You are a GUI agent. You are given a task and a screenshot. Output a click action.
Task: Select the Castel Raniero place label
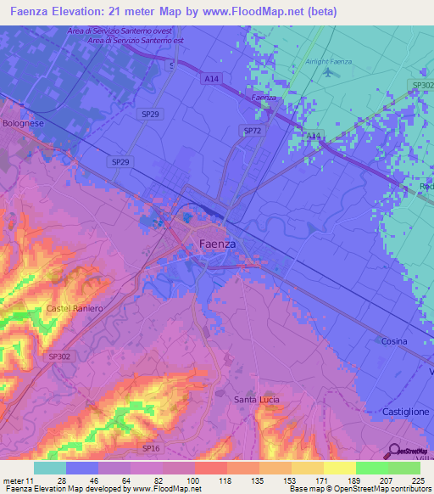[75, 308]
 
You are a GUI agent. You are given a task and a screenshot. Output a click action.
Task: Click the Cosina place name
[393, 341]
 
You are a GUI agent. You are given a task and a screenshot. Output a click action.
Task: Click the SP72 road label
[252, 131]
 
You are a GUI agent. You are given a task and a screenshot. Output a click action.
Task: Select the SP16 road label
[151, 447]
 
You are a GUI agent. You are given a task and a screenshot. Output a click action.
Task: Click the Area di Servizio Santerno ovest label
[117, 31]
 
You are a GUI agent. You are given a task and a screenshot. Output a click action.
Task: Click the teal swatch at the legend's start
[49, 468]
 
